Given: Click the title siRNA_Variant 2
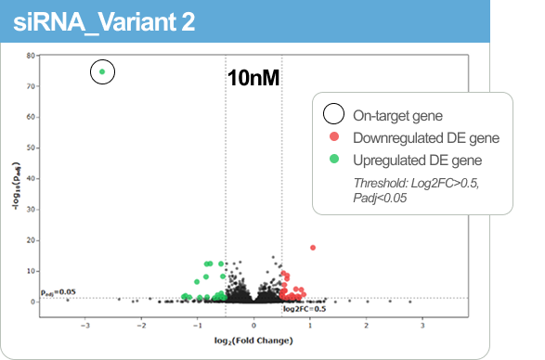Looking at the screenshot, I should pos(104,22).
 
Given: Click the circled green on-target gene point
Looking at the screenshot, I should pos(102,71).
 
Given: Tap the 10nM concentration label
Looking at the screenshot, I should pos(253,78).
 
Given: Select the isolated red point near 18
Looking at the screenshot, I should pos(313,248).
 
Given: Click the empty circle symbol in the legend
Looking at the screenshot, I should pos(333,115).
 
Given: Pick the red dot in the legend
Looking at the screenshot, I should pos(333,137).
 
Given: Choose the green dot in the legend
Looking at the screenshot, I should pos(333,160).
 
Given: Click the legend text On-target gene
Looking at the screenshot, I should pos(397,115).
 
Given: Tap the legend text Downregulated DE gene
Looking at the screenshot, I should pos(426,137).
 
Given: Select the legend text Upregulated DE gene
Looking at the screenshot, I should pos(419,160).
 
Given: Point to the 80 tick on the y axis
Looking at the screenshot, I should pos(31,56).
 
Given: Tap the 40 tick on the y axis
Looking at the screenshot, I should pos(31,178).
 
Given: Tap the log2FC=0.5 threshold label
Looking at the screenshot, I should pos(305,308).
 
